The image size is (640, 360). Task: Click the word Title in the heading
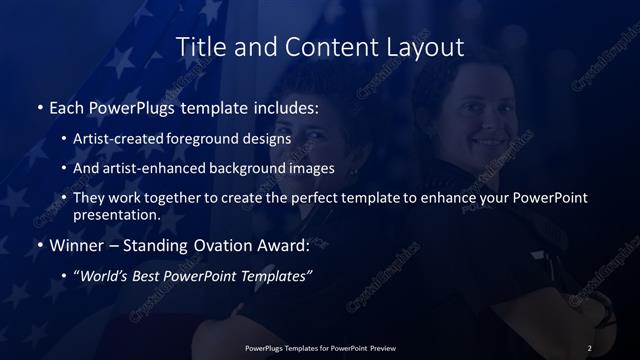pyautogui.click(x=198, y=47)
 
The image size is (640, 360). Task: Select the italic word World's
pyautogui.click(x=103, y=277)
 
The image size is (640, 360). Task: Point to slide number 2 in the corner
pyautogui.click(x=590, y=347)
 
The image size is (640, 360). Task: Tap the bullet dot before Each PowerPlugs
pyautogui.click(x=39, y=106)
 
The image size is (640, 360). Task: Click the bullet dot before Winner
pyautogui.click(x=39, y=246)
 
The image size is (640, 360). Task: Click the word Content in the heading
pyautogui.click(x=323, y=47)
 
